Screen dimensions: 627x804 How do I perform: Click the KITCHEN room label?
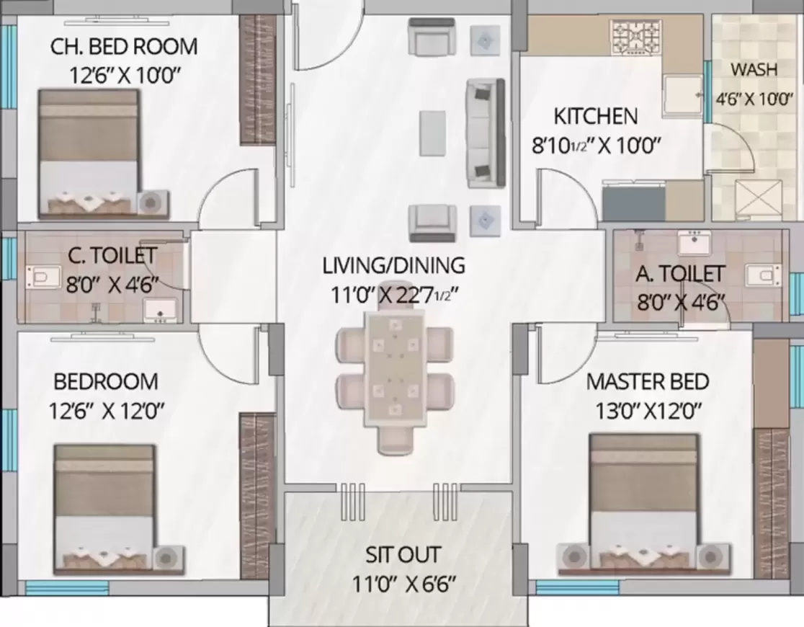[595, 116]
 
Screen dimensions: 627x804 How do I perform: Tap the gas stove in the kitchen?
[635, 38]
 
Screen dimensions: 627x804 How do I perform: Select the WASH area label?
[754, 70]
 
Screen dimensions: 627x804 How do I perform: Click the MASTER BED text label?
[648, 381]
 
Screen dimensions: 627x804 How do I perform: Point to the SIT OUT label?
[403, 556]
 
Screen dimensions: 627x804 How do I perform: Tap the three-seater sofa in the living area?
[486, 133]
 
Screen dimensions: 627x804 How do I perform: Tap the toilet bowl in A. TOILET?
[762, 275]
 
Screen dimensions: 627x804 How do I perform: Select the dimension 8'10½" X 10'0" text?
[597, 145]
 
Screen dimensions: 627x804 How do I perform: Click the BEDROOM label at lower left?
[106, 381]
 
